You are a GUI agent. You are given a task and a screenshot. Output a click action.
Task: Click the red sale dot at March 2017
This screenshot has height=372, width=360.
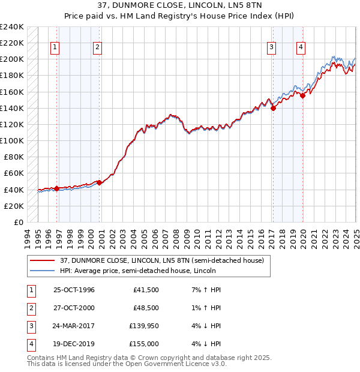(273, 109)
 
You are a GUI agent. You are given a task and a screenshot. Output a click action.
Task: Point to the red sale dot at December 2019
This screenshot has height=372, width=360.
(303, 95)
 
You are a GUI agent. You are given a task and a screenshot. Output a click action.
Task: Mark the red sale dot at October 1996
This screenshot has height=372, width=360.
(57, 188)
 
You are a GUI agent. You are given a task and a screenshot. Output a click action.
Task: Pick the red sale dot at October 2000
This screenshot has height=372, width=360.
(99, 183)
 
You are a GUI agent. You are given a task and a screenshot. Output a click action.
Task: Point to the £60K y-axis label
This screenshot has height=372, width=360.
(13, 173)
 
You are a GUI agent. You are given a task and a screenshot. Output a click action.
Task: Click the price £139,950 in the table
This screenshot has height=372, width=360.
(143, 327)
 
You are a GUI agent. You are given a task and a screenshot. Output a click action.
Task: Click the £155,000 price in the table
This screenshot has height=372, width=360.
(143, 344)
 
